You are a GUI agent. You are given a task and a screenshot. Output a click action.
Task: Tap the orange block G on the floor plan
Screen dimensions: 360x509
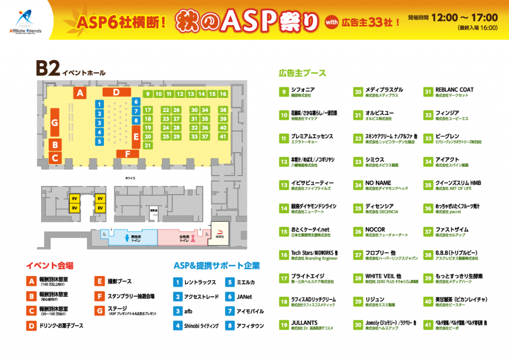pyautogui.click(x=55, y=122)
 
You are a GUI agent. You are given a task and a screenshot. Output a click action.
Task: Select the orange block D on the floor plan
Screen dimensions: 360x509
pyautogui.click(x=116, y=92)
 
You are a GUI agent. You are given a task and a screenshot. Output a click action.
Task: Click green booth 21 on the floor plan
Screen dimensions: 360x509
pyautogui.click(x=147, y=145)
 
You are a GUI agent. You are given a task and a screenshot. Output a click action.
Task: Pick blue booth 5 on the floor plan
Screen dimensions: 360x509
pyautogui.click(x=99, y=141)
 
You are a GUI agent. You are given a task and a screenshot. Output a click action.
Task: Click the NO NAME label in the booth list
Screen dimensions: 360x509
pyautogui.click(x=378, y=183)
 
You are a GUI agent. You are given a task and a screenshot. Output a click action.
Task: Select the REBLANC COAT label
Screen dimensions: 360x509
pyautogui.click(x=454, y=90)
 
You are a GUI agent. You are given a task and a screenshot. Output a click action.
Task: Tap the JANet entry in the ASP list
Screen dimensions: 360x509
pyautogui.click(x=244, y=297)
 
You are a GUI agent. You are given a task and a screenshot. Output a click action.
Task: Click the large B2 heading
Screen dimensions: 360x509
pyautogui.click(x=48, y=69)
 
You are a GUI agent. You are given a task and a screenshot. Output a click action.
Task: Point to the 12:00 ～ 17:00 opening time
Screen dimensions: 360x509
pyautogui.click(x=464, y=18)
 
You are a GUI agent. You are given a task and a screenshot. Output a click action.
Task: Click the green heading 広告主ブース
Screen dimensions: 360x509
pyautogui.click(x=302, y=73)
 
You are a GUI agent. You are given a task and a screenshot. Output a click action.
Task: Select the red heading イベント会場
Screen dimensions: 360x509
pyautogui.click(x=50, y=266)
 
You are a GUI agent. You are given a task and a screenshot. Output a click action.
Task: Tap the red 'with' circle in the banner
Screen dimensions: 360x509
pyautogui.click(x=332, y=22)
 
